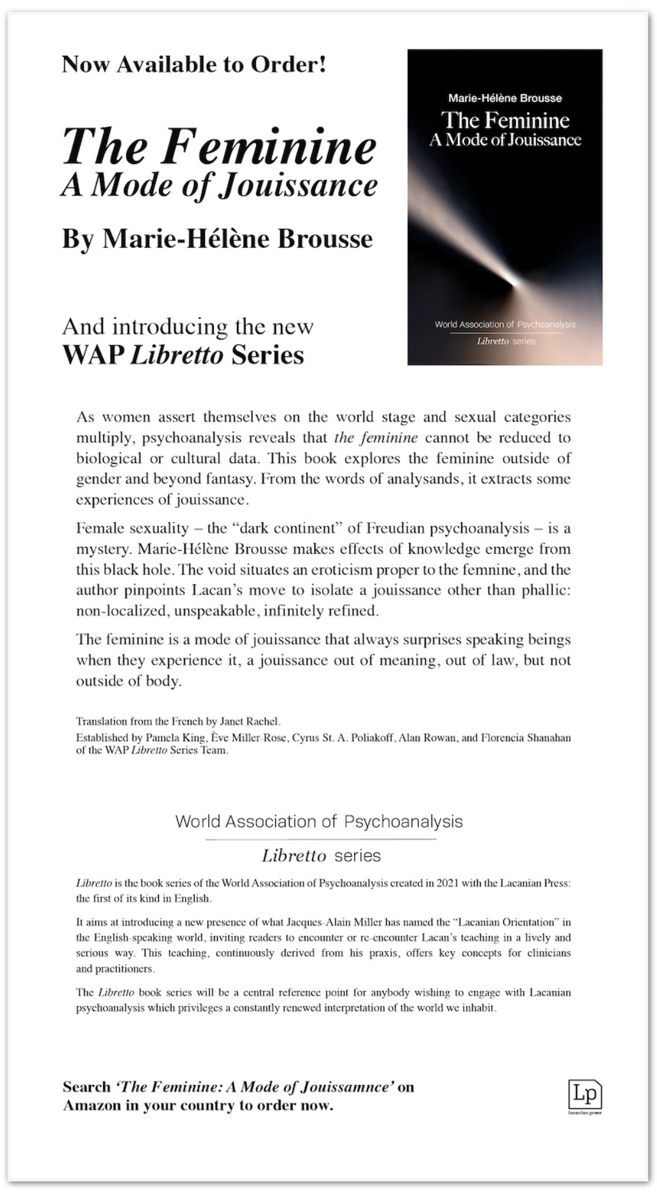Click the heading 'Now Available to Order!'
194,64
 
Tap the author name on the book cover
505,98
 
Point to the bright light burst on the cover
512,279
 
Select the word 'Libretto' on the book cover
492,341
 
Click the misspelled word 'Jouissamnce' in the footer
346,1087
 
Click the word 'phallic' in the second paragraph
547,590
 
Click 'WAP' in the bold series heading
93,355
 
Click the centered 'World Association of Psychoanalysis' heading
319,822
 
